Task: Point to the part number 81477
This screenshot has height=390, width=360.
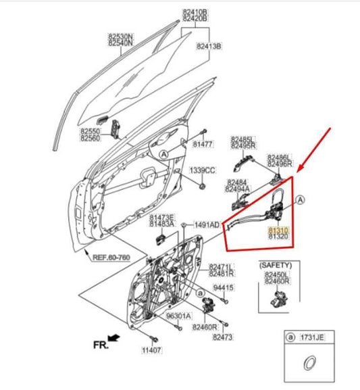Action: click(202, 143)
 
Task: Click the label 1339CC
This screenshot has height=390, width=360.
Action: click(201, 170)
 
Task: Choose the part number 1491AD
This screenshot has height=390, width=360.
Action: click(207, 224)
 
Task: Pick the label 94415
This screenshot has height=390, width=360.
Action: click(224, 288)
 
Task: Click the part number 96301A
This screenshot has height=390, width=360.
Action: click(178, 316)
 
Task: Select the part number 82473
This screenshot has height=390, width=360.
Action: click(222, 336)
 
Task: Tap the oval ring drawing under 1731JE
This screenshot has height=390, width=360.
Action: click(307, 364)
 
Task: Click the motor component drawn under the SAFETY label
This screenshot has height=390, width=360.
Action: click(278, 297)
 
